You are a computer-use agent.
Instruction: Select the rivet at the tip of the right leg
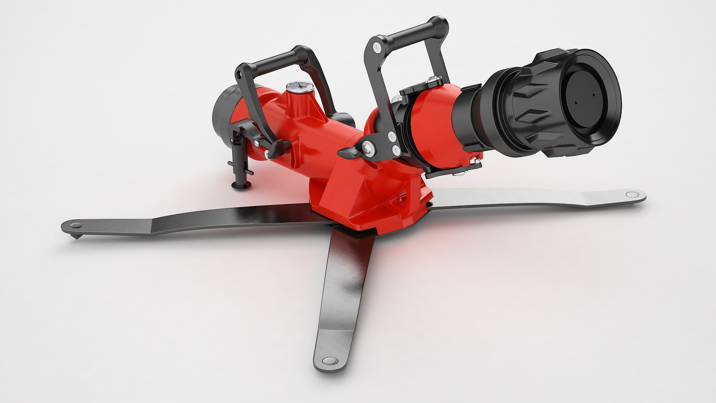coord(631,194)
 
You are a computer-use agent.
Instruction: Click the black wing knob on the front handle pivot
coord(349,153)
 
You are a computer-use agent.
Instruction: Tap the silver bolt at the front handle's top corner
coord(377,46)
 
